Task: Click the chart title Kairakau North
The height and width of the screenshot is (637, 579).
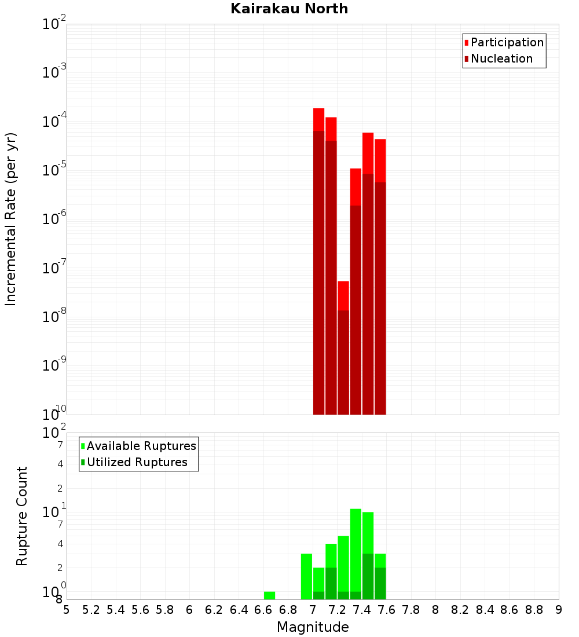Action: click(289, 9)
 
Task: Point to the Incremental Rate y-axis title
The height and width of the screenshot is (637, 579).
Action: click(10, 219)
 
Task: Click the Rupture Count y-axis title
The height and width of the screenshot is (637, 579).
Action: click(22, 516)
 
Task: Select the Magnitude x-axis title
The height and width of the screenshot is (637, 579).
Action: click(313, 627)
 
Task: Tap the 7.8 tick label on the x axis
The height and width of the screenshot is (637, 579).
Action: click(411, 610)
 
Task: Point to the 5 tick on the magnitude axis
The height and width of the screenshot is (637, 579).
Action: click(67, 610)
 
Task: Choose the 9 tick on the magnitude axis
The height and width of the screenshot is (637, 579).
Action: click(559, 610)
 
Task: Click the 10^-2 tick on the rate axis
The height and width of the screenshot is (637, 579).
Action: click(54, 24)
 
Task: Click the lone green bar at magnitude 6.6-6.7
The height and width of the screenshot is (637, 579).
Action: click(269, 595)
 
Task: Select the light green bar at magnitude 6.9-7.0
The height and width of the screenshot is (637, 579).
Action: click(306, 576)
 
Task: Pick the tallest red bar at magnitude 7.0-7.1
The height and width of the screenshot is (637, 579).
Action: click(318, 261)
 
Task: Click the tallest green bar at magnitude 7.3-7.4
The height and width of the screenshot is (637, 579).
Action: click(356, 550)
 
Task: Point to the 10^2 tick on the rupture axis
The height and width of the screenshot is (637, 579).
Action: click(54, 433)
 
